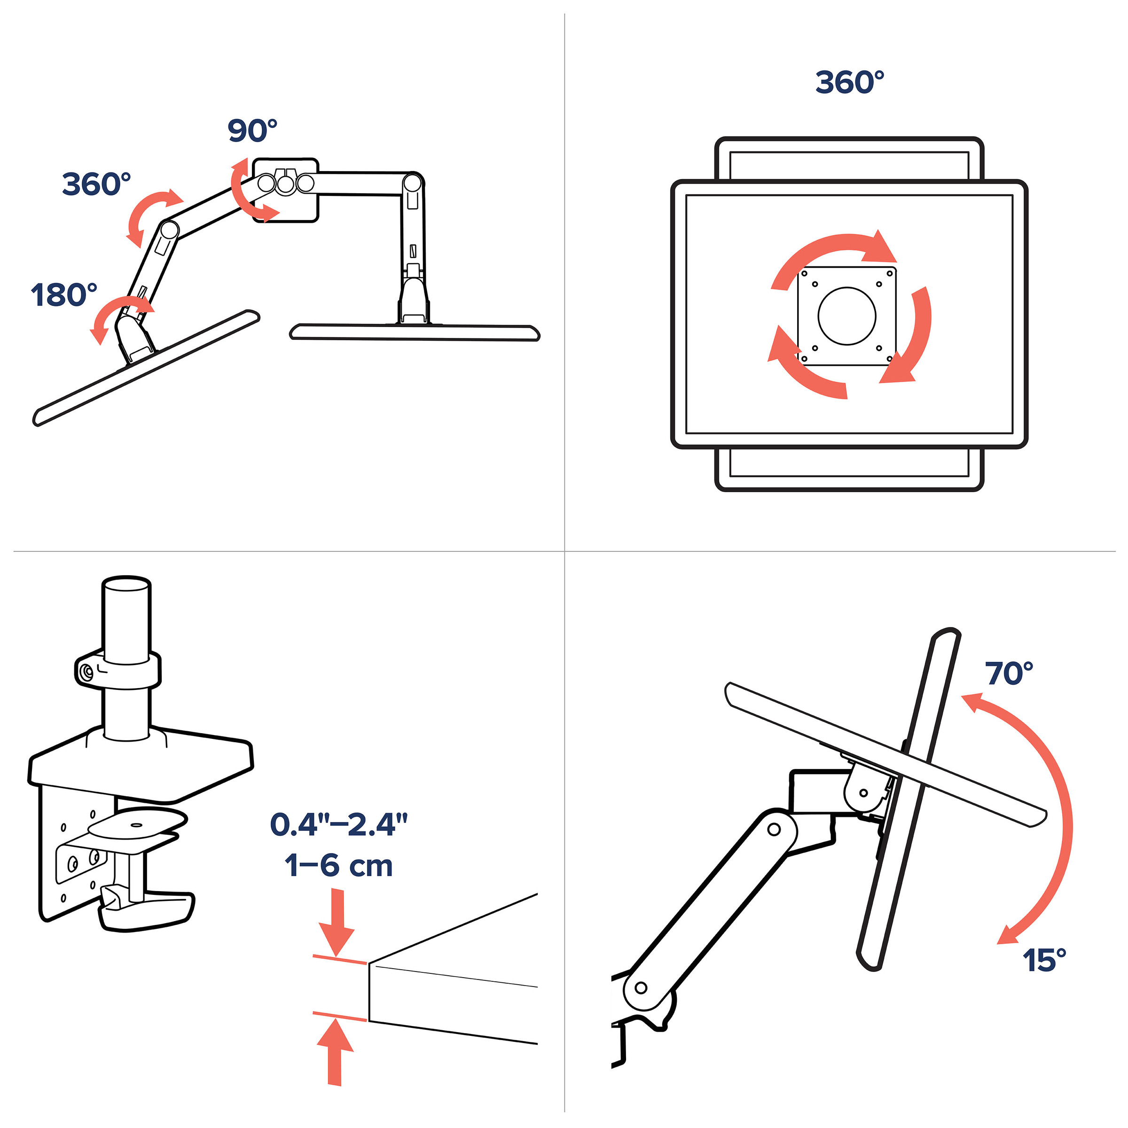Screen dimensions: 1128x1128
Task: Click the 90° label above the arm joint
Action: [252, 130]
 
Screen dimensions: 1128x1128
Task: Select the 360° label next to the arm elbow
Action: [96, 184]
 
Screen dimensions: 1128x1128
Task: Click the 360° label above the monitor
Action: [849, 82]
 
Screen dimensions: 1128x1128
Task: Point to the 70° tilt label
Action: [1009, 674]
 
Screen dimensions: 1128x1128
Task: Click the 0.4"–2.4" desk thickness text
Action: [338, 824]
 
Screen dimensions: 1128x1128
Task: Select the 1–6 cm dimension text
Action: [338, 865]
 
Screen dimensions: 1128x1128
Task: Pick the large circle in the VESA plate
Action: [846, 316]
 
